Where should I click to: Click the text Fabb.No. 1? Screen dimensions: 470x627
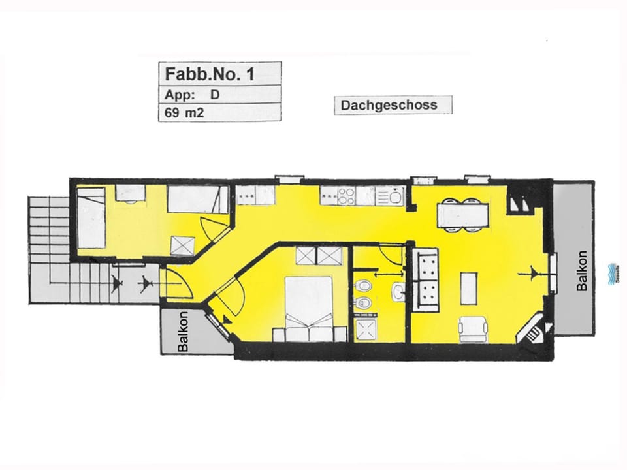click(210, 74)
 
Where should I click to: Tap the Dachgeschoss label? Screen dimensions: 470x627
click(393, 104)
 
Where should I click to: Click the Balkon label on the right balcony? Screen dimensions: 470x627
click(582, 271)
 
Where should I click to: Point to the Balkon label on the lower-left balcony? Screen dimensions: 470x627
click(184, 332)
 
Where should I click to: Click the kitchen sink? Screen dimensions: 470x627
click(394, 195)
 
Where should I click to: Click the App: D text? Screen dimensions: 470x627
click(193, 93)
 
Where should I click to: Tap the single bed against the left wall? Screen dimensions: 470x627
click(91, 217)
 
